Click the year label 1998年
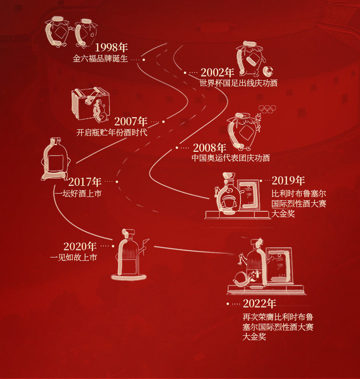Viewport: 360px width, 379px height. click(111, 48)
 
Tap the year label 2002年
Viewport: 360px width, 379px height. click(217, 73)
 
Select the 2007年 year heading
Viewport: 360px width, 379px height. click(131, 122)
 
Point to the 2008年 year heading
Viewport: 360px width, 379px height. click(209, 147)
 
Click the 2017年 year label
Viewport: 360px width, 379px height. click(85, 182)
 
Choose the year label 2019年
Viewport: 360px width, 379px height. click(288, 181)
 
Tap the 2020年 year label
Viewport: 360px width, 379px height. click(80, 246)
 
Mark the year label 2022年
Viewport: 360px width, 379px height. click(259, 304)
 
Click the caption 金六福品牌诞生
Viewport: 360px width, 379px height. click(100, 59)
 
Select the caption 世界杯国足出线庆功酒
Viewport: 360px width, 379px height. click(238, 83)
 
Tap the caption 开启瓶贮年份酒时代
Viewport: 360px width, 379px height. click(112, 133)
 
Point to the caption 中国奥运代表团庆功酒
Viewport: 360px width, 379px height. click(230, 158)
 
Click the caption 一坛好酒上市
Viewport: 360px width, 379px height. click(78, 194)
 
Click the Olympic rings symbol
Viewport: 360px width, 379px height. click(267, 109)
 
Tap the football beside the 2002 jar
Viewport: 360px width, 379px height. click(267, 72)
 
